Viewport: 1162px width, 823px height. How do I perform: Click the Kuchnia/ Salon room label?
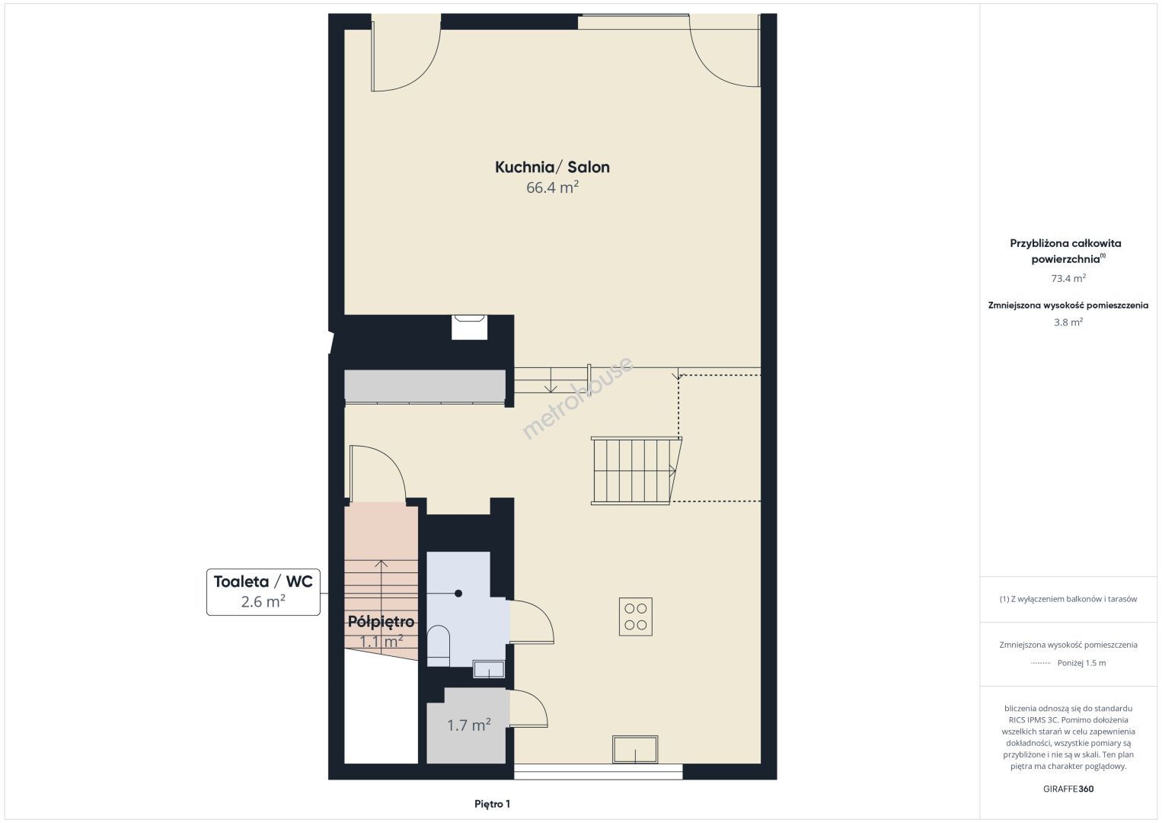(x=552, y=167)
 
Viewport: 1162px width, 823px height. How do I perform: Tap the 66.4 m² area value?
(x=552, y=187)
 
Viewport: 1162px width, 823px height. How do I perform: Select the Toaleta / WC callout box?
(x=263, y=592)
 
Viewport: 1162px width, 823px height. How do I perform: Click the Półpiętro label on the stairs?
(x=381, y=622)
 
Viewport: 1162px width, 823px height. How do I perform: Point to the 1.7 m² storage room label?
(x=469, y=725)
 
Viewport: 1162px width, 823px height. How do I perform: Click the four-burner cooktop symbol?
(x=636, y=616)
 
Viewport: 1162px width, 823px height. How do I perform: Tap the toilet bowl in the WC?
(x=439, y=645)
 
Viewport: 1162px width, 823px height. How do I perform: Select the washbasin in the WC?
(x=489, y=669)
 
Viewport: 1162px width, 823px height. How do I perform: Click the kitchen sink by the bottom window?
(x=635, y=749)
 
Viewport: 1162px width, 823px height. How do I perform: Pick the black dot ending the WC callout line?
(x=458, y=593)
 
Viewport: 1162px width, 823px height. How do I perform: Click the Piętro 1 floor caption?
(x=493, y=804)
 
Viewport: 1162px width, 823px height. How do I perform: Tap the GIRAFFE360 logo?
(x=1068, y=789)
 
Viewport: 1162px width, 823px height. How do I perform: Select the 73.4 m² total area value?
(x=1068, y=278)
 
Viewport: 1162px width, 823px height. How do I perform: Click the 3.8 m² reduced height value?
(x=1068, y=322)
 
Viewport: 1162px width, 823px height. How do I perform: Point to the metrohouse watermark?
(x=577, y=399)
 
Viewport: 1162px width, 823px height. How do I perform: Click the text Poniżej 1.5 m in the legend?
(x=1081, y=663)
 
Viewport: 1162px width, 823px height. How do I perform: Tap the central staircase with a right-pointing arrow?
(x=637, y=471)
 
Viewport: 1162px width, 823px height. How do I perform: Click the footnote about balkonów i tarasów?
(x=1068, y=599)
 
